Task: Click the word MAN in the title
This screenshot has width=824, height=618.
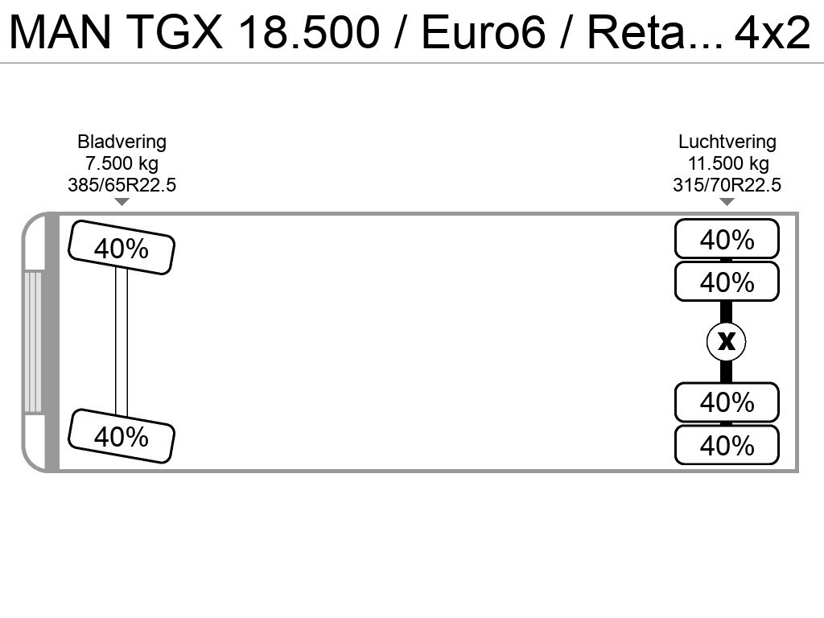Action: pyautogui.click(x=60, y=32)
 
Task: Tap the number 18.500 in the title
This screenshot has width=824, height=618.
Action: pyautogui.click(x=308, y=32)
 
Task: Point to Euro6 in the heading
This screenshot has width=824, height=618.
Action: pyautogui.click(x=484, y=32)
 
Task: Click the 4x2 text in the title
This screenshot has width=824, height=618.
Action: pyautogui.click(x=772, y=32)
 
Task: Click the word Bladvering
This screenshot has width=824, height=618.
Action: pyautogui.click(x=122, y=142)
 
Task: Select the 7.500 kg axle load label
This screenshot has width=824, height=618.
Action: pyautogui.click(x=122, y=163)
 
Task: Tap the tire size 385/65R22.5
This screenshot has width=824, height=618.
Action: pyautogui.click(x=122, y=185)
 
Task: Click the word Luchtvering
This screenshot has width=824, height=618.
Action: pyautogui.click(x=727, y=142)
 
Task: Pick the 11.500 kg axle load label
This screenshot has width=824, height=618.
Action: pyautogui.click(x=728, y=163)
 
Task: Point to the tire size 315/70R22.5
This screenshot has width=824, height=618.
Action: pyautogui.click(x=727, y=185)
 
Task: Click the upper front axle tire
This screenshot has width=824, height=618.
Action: pyautogui.click(x=122, y=248)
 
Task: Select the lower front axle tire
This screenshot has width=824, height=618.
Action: pyautogui.click(x=122, y=436)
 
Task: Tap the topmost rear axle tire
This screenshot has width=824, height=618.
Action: pyautogui.click(x=727, y=239)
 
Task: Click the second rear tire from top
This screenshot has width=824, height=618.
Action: pyautogui.click(x=727, y=282)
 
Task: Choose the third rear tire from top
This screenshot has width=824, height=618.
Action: pyautogui.click(x=727, y=402)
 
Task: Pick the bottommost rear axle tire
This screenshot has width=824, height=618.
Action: pyautogui.click(x=727, y=445)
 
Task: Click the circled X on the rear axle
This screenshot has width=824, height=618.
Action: pyautogui.click(x=727, y=341)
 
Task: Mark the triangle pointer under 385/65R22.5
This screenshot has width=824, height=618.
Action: pyautogui.click(x=122, y=202)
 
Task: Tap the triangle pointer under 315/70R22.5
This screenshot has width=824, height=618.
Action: pyautogui.click(x=727, y=202)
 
